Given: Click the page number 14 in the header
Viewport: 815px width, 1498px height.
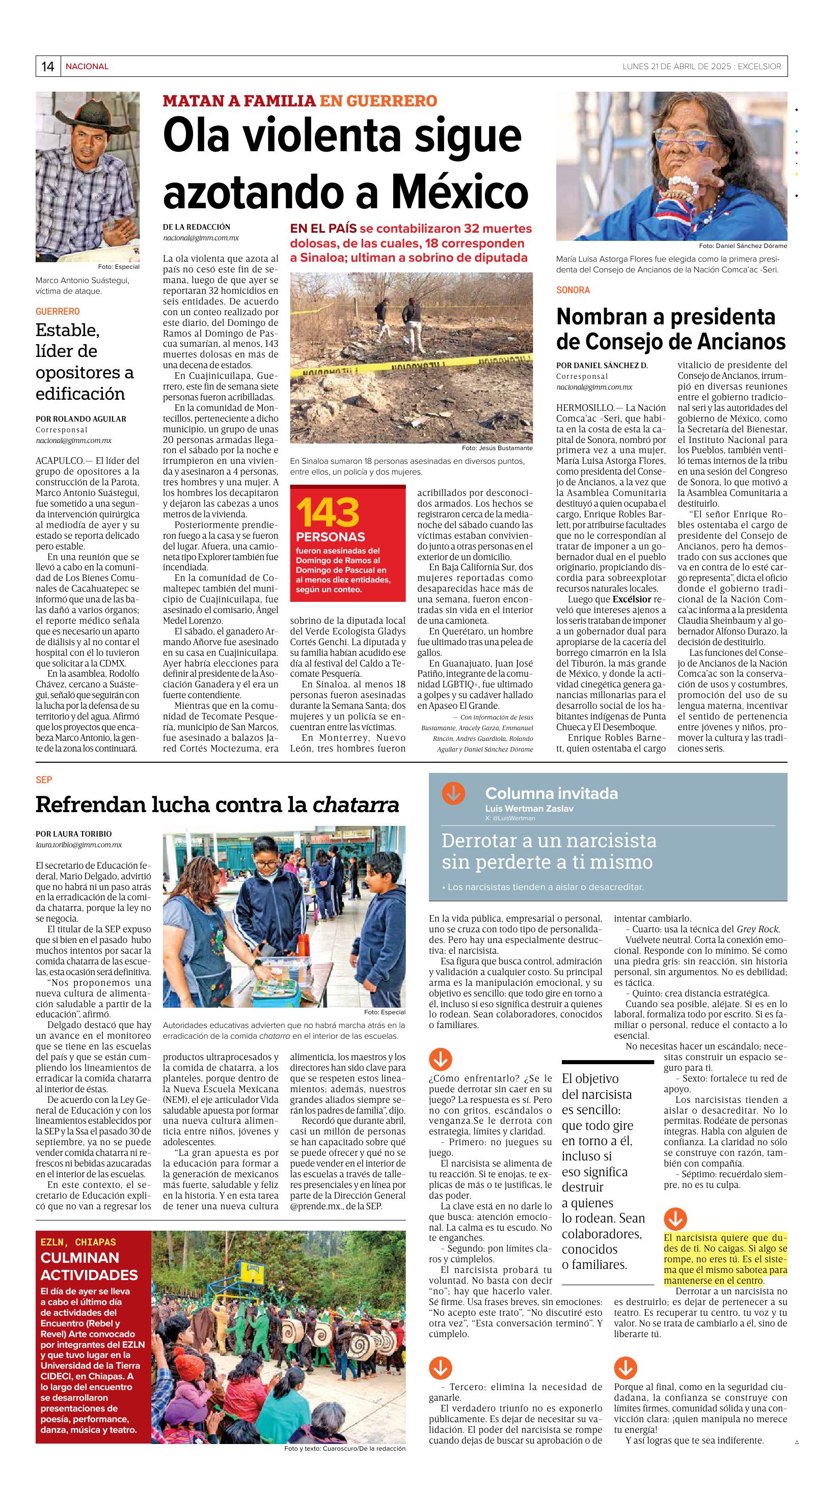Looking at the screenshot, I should (x=48, y=66).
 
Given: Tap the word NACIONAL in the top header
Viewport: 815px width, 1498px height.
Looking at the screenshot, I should (x=87, y=66).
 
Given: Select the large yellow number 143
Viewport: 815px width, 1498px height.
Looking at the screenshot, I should (x=328, y=512).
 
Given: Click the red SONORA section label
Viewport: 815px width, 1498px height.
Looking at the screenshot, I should (x=573, y=290).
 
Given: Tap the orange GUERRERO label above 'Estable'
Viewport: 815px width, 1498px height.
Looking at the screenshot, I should (x=58, y=311).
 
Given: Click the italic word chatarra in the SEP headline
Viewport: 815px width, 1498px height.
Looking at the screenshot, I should (x=356, y=805).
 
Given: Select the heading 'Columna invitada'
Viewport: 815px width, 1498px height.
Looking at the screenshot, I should (x=551, y=793).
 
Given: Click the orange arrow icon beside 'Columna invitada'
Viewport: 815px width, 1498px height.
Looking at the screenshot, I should (x=453, y=793).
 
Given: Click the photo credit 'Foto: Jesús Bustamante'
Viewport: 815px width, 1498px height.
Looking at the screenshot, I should (x=497, y=448).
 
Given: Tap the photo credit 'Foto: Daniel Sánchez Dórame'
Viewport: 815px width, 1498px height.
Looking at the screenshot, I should (x=742, y=245).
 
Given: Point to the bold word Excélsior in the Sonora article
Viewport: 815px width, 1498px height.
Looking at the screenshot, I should (x=632, y=599).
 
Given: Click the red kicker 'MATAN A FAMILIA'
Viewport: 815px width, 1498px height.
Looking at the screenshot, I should (x=238, y=101).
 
